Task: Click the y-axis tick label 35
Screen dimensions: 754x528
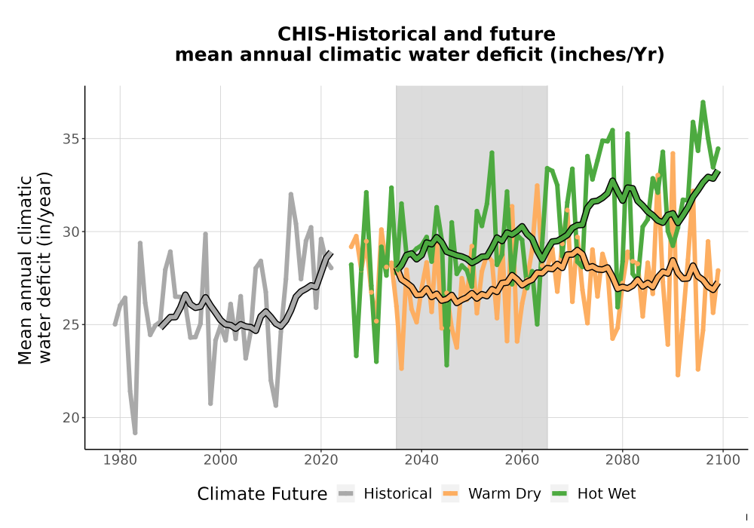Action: (x=70, y=139)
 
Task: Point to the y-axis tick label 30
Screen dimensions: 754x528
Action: (x=70, y=232)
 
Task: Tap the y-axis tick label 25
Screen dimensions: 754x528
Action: (x=70, y=324)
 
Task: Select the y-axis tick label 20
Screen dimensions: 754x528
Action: (x=70, y=417)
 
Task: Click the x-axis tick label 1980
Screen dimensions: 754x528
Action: (x=120, y=459)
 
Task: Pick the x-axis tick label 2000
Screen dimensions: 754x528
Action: (x=221, y=459)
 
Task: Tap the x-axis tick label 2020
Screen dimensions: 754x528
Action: (x=320, y=459)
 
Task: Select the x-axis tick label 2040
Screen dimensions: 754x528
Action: (x=421, y=459)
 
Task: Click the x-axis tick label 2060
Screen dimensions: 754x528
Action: (x=522, y=459)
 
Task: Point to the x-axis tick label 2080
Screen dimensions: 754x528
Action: (x=622, y=459)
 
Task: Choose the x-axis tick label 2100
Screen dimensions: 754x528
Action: (x=723, y=459)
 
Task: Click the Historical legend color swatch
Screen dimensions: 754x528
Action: (x=346, y=494)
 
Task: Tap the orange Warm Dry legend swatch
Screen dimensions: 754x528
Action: (x=450, y=494)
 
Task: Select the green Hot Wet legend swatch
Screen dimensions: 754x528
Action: (x=559, y=494)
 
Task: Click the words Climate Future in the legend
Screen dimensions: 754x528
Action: (x=262, y=494)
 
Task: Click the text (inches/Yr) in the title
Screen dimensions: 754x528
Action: (x=607, y=55)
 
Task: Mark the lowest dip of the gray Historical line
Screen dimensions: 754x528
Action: (x=135, y=433)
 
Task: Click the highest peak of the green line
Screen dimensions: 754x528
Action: (x=703, y=103)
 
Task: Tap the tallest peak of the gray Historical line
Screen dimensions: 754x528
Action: (x=291, y=195)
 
